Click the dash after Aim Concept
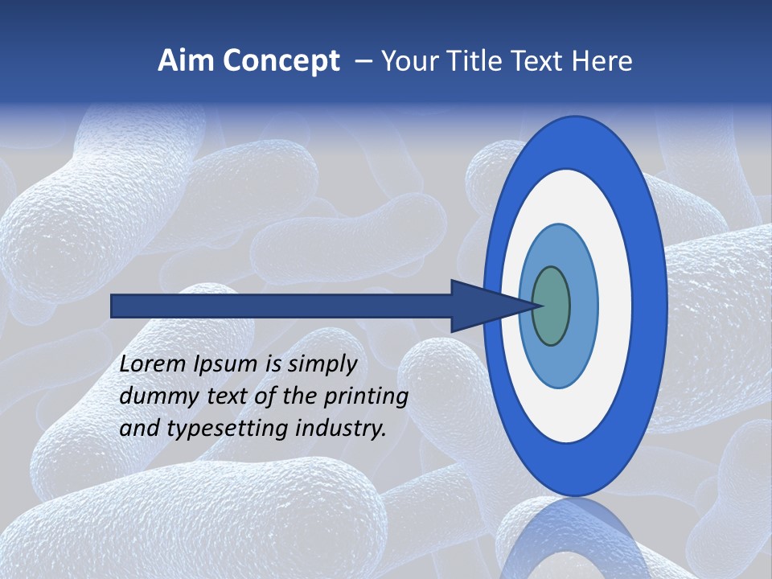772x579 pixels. coord(363,62)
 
